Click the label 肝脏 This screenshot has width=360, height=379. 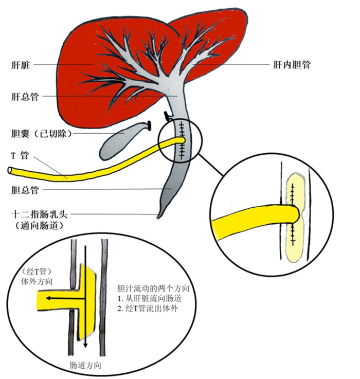pyautogui.click(x=21, y=65)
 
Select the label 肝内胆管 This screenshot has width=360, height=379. pyautogui.click(x=292, y=64)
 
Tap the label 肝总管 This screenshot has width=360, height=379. pyautogui.click(x=25, y=97)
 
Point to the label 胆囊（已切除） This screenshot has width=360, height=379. pyautogui.click(x=42, y=133)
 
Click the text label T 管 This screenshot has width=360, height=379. pyautogui.click(x=20, y=155)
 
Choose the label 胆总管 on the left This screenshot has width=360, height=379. pyautogui.click(x=25, y=190)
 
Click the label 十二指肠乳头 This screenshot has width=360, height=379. pyautogui.click(x=40, y=214)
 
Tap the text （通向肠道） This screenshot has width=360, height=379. pyautogui.click(x=39, y=226)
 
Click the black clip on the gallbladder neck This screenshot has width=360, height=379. pyautogui.click(x=150, y=125)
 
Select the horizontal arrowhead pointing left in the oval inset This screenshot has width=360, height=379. pyautogui.click(x=49, y=298)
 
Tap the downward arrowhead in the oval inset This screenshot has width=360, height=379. pyautogui.click(x=85, y=345)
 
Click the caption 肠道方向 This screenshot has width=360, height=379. pyautogui.click(x=85, y=365)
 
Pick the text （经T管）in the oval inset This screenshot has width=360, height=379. pyautogui.click(x=37, y=272)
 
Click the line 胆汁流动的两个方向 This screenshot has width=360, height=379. pyautogui.click(x=153, y=288)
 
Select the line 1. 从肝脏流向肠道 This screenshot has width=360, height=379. pyautogui.click(x=150, y=298)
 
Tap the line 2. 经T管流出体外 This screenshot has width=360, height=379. pyautogui.click(x=148, y=309)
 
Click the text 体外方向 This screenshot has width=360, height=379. pyautogui.click(x=37, y=282)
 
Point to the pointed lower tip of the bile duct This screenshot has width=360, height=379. pyautogui.click(x=158, y=218)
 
